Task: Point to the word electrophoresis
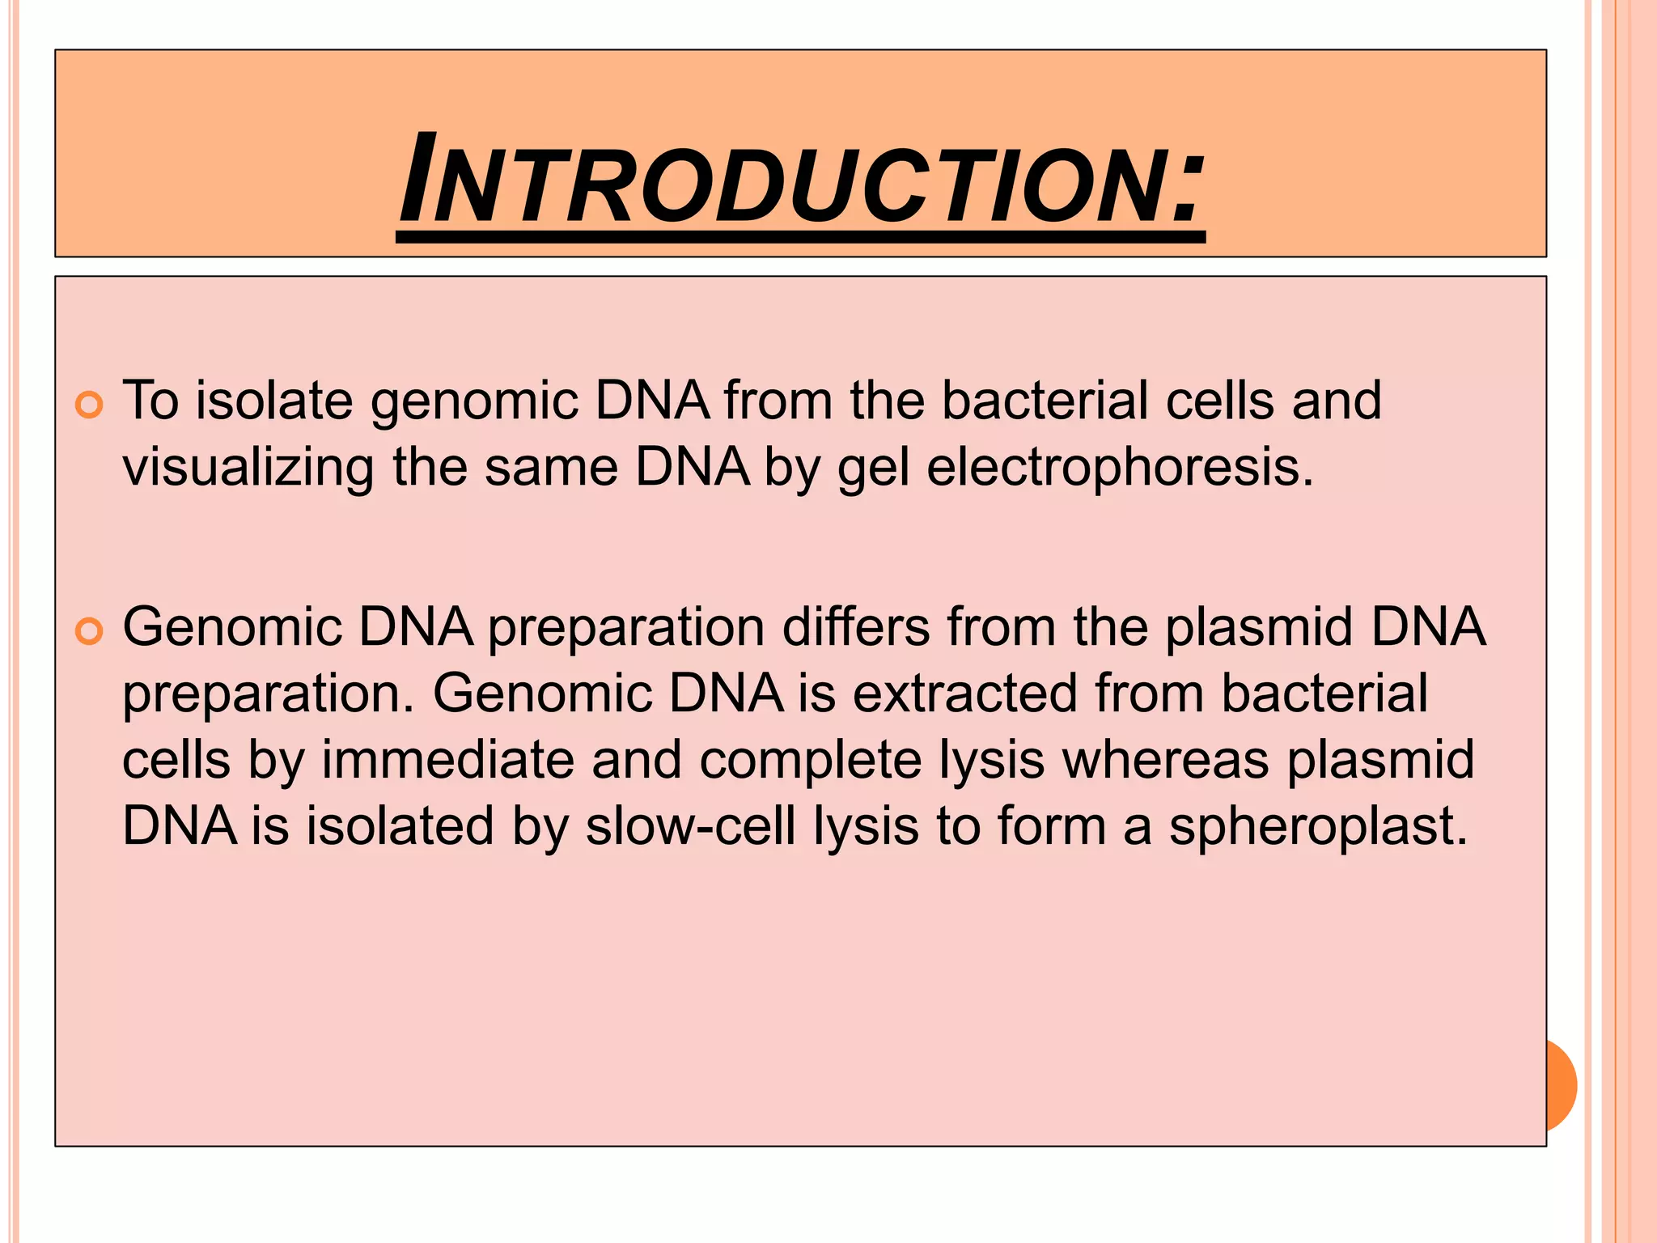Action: point(1120,468)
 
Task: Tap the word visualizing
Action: point(248,468)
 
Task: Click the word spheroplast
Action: point(1318,827)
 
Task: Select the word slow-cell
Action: point(690,826)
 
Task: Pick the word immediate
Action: point(447,760)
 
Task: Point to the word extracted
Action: point(965,694)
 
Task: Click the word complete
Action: point(810,761)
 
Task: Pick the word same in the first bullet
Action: point(552,468)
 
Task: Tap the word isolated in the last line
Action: point(400,826)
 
